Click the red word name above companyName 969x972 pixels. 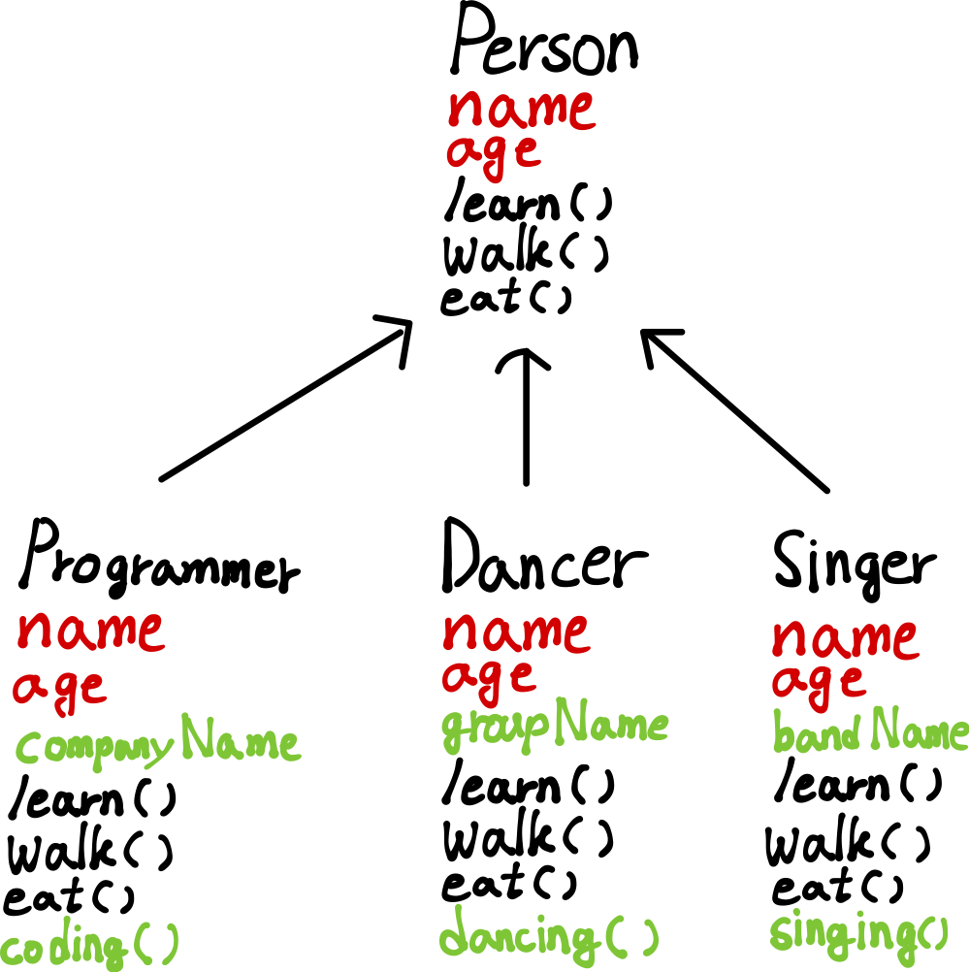90,632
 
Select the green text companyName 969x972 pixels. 157,745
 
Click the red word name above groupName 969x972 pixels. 515,632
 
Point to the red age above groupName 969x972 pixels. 489,676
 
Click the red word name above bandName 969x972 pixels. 844,639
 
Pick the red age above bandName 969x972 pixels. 818,682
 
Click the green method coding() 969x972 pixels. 89,944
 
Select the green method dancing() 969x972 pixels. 548,936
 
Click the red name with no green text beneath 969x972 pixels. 521,109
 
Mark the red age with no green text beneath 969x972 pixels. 493,153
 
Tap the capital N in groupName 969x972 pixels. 571,723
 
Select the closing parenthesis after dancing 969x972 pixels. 651,936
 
